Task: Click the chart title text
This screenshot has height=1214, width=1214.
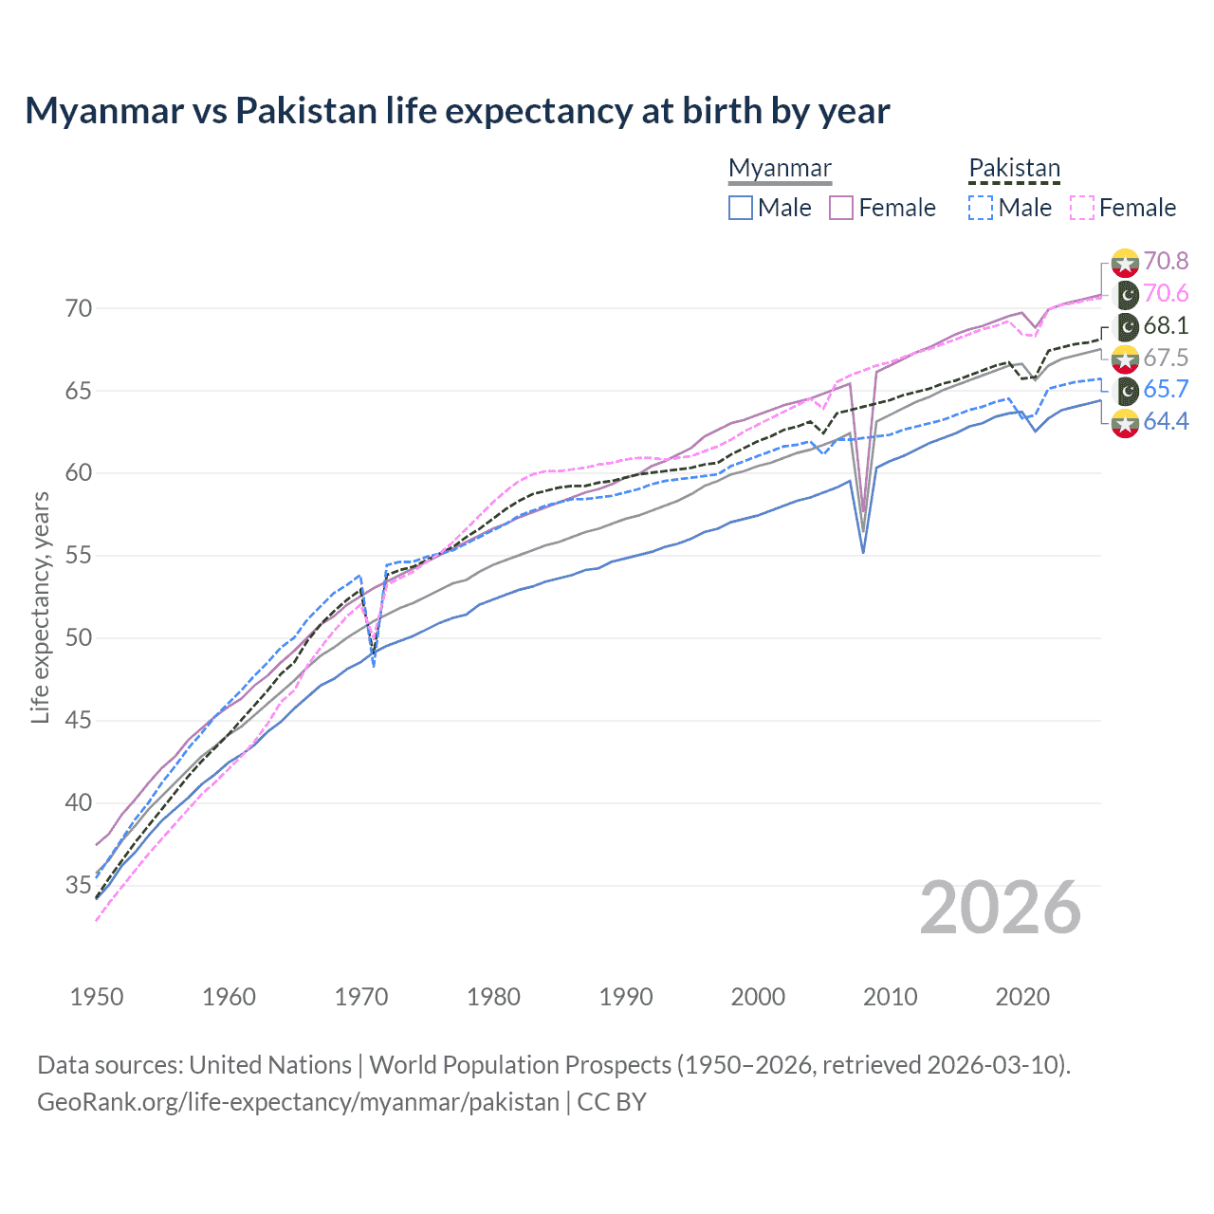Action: tap(457, 111)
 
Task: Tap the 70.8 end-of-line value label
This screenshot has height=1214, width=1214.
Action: tap(1166, 261)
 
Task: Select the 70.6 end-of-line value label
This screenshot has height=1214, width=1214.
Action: tap(1166, 294)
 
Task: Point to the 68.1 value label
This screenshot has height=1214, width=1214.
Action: tap(1166, 326)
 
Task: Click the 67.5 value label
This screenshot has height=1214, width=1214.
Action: tap(1166, 358)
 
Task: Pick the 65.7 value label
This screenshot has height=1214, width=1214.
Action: tap(1166, 390)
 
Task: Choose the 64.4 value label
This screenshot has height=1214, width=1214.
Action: tap(1166, 422)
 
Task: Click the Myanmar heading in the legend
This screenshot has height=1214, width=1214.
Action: tap(780, 168)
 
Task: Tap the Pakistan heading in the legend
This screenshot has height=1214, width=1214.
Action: tap(1014, 168)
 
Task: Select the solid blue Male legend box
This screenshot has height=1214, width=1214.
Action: tap(741, 208)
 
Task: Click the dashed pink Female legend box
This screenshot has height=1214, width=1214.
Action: tap(1082, 208)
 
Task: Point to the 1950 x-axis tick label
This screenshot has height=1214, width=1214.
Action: tap(97, 997)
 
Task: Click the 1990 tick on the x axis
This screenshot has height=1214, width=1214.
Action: tap(626, 997)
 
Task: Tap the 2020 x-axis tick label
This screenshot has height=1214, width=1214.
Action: tap(1022, 997)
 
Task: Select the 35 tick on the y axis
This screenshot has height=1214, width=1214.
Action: tap(78, 886)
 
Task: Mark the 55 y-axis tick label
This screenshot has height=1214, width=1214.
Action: tap(78, 556)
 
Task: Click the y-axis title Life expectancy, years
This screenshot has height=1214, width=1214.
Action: tap(40, 607)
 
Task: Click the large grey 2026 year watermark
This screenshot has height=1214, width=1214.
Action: tap(1001, 908)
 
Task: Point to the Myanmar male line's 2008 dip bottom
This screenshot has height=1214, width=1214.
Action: tap(863, 552)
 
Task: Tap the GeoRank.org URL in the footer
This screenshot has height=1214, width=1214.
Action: tap(298, 1102)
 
